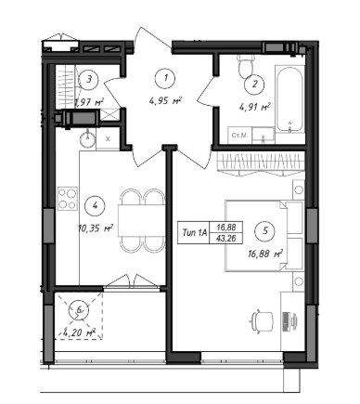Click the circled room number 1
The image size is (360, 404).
coord(166,77)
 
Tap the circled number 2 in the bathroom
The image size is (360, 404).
coord(254,85)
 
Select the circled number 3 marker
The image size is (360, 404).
coord(89,80)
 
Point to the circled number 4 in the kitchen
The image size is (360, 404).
coord(95,205)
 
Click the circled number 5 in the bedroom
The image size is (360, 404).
coord(265,230)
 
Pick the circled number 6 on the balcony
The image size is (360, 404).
coord(79,310)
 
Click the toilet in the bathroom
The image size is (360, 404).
coord(247,66)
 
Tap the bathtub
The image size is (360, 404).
coord(289,99)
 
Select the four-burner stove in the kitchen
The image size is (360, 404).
coord(67,199)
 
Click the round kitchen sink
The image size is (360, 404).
coord(88,138)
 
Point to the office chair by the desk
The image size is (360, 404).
coord(262,321)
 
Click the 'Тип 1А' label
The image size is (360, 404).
coord(194,232)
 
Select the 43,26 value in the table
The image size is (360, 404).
coord(226,238)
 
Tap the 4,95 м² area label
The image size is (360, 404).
coord(165,100)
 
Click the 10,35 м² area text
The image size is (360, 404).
coord(96,228)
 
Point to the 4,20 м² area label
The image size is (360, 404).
coord(79,333)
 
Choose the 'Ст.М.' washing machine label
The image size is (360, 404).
coord(239,136)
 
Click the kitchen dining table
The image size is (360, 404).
coord(142,220)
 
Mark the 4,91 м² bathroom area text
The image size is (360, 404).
coord(254,108)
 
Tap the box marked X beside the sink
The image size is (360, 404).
coord(108,139)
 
